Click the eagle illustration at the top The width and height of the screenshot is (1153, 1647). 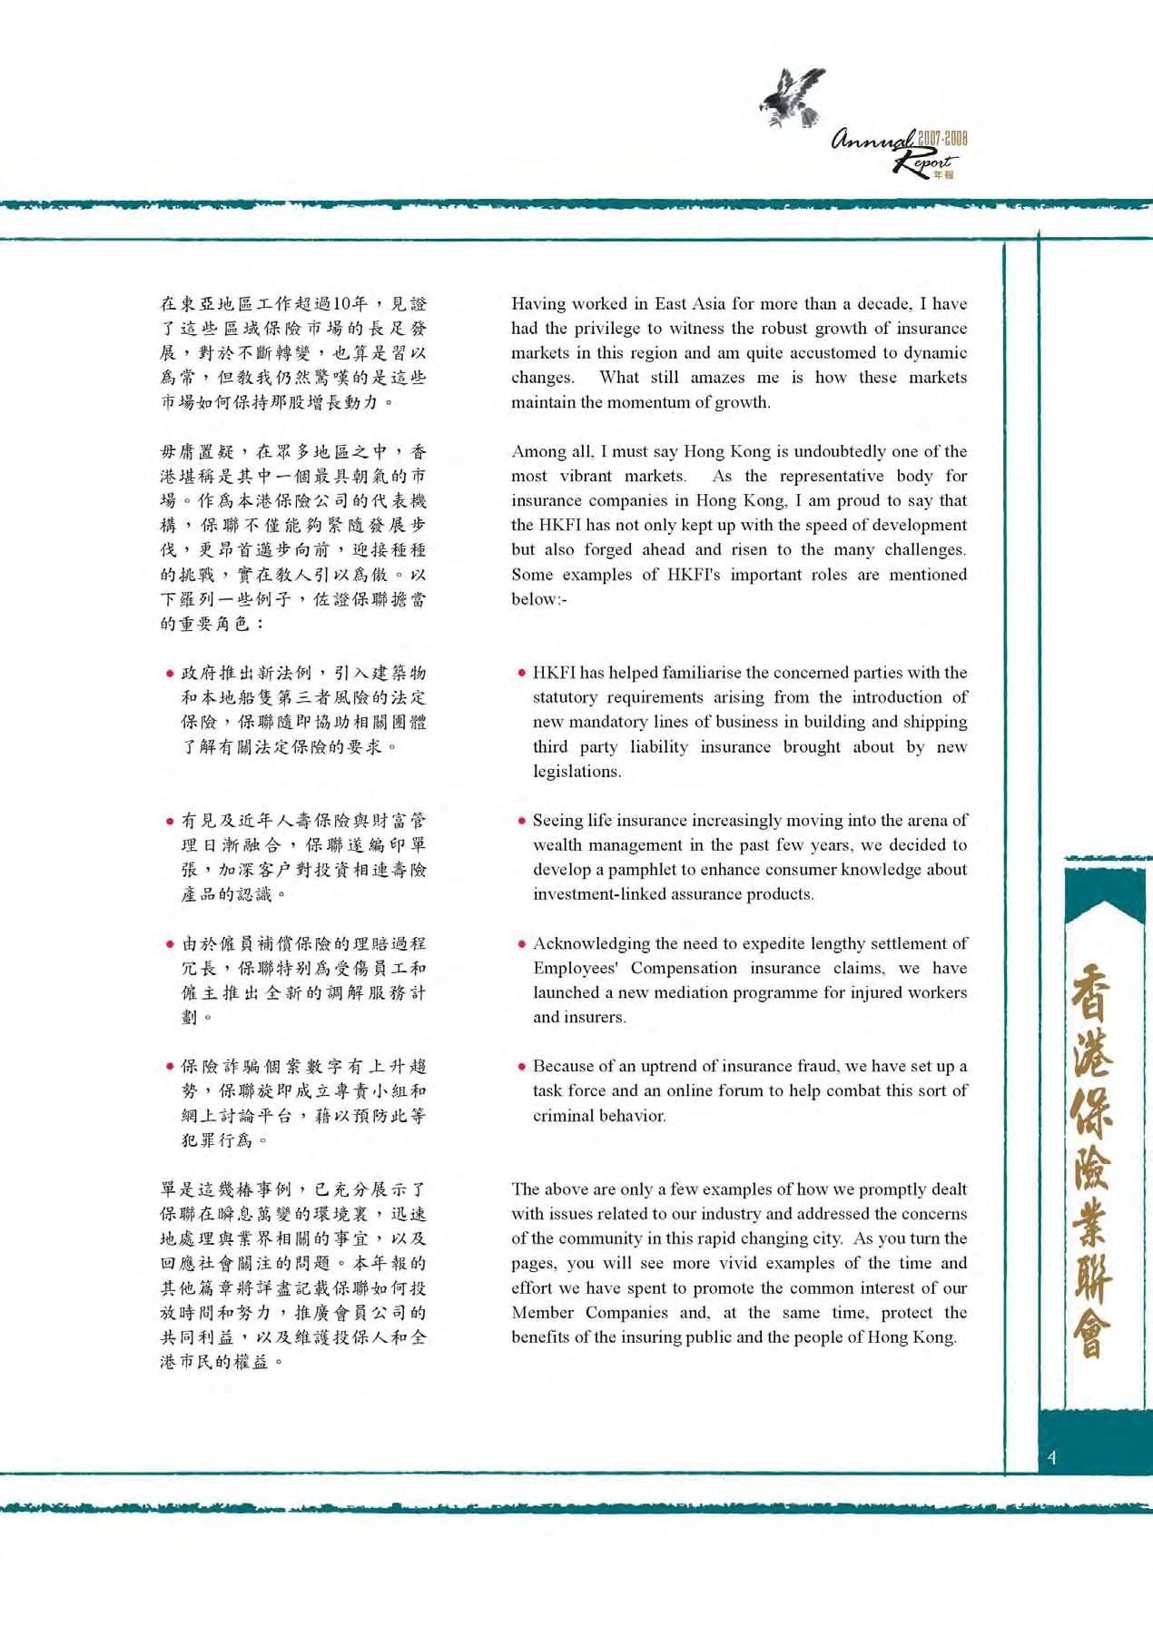793,96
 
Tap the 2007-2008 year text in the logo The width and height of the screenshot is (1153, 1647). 942,139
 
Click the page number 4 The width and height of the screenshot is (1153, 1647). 1051,1458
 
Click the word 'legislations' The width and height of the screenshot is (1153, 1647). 576,772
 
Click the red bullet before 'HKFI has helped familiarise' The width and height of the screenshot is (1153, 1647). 521,674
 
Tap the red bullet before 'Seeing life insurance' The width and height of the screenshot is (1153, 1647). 521,821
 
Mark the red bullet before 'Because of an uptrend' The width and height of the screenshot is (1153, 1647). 521,1067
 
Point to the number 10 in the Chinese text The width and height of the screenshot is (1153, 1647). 343,304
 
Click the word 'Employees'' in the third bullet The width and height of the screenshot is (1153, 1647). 576,968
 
